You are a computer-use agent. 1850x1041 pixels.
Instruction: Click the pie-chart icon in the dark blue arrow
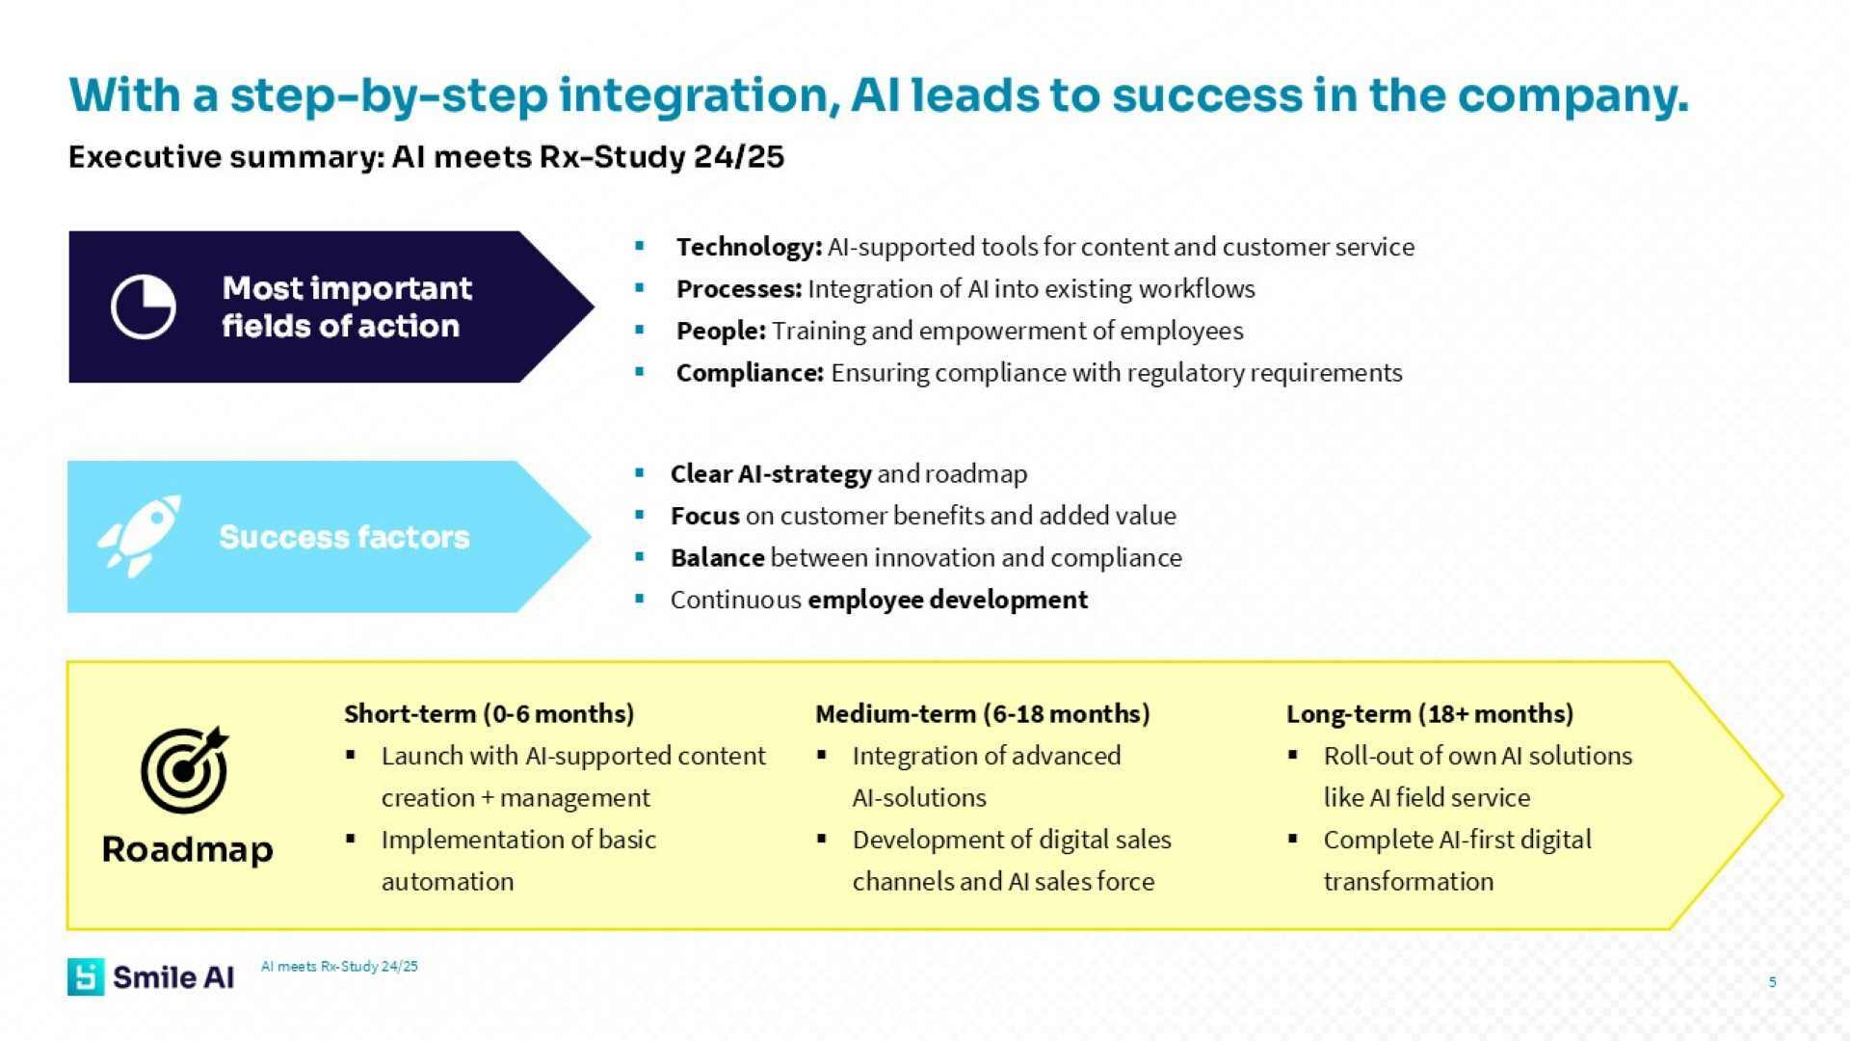(143, 307)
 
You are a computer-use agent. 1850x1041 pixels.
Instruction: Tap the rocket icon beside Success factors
(141, 536)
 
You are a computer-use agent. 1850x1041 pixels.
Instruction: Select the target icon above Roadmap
(185, 769)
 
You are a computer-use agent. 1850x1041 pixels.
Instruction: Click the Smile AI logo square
(86, 976)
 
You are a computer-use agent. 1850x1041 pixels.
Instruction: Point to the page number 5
(1772, 982)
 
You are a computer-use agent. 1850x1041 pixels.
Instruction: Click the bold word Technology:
(749, 247)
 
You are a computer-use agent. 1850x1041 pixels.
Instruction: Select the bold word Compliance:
(750, 373)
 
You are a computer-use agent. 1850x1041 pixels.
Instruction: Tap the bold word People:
(721, 331)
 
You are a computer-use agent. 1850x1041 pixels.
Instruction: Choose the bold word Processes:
(739, 289)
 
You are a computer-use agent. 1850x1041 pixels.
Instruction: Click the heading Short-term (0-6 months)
(489, 713)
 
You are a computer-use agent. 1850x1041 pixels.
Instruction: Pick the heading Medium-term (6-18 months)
(983, 713)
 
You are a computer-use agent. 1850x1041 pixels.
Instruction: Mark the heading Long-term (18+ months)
(1430, 713)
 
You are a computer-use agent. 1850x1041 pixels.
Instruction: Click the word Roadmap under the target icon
(188, 849)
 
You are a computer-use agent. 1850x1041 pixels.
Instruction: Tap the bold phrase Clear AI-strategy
(771, 474)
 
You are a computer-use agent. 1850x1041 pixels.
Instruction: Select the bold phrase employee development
(948, 600)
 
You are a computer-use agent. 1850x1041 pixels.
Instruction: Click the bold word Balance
(718, 558)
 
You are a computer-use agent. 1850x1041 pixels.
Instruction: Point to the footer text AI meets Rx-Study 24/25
(339, 966)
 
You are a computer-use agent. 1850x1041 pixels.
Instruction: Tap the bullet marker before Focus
(640, 516)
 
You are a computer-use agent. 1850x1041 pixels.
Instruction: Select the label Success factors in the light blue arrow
(344, 537)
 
